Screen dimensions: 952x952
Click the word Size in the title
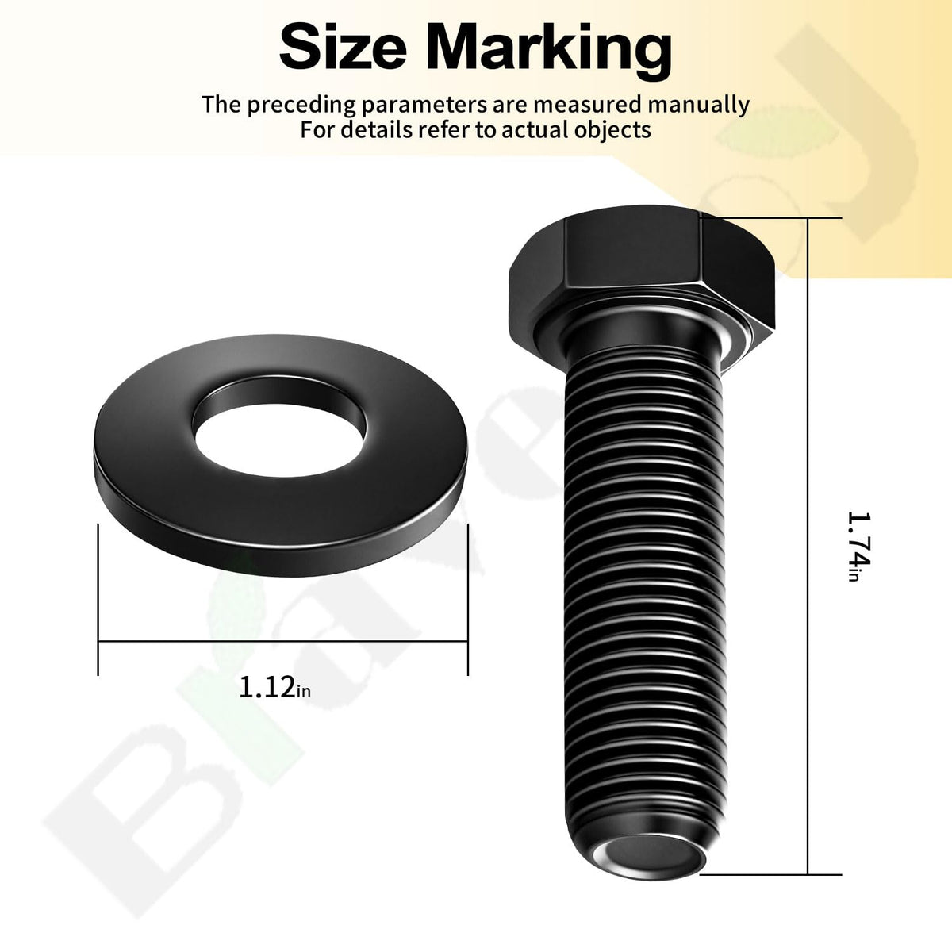pos(343,48)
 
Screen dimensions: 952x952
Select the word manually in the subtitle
pos(699,106)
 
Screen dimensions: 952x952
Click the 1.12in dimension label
pos(274,687)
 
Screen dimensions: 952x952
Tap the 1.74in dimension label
pos(859,546)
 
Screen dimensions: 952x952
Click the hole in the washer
pos(281,438)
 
